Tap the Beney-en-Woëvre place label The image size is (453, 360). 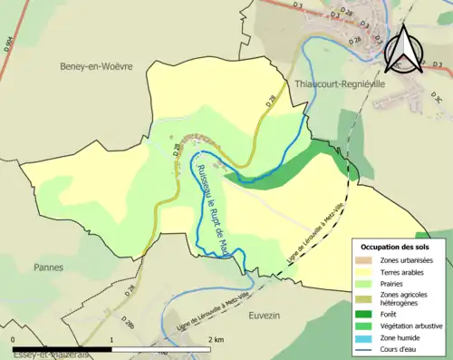coord(95,66)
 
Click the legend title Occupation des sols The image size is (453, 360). coord(396,247)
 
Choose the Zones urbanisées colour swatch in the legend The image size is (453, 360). coord(365,260)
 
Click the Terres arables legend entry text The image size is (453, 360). coord(402,272)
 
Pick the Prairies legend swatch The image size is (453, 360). coord(365,284)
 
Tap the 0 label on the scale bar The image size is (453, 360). coord(14,339)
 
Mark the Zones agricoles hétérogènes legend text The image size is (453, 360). coord(405,298)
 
